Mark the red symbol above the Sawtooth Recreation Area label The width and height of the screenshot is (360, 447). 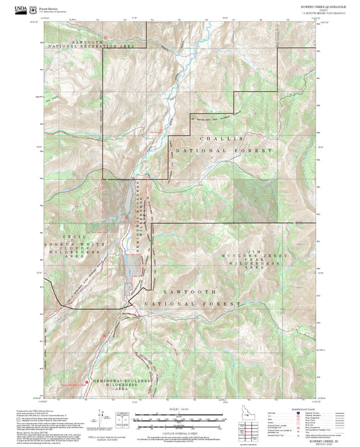coord(105,36)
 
